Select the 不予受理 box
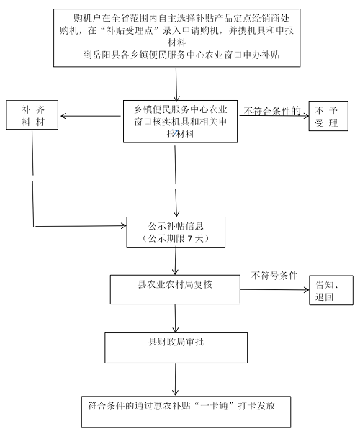pos(328,117)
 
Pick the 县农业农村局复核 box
pos(175,288)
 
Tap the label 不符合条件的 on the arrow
pos(271,111)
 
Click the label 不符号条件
pos(274,274)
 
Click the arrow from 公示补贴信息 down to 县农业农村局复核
pos(175,261)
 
